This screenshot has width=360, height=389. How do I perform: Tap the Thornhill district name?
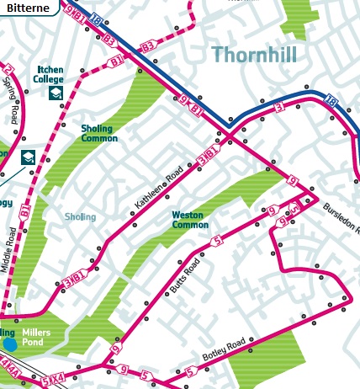(262, 55)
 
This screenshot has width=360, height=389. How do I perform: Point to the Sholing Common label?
(99, 133)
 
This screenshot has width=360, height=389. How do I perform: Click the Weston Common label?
(190, 220)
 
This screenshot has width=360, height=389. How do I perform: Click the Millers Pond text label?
(36, 338)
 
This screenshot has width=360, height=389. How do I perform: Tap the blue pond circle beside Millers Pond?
(9, 344)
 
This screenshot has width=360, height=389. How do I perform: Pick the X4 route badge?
(58, 381)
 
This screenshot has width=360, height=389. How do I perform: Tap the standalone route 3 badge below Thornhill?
(278, 108)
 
